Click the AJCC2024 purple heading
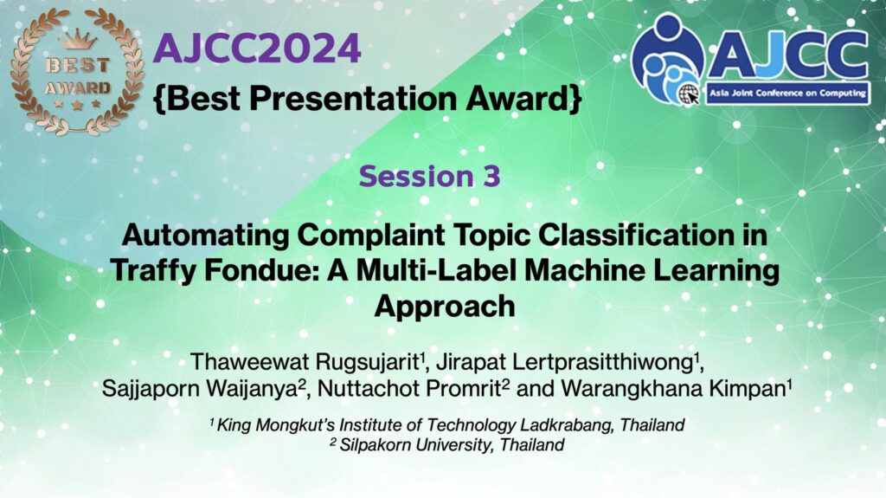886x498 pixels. (257, 49)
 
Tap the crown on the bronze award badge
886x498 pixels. (77, 40)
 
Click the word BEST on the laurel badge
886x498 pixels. (77, 65)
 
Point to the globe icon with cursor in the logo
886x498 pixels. (689, 94)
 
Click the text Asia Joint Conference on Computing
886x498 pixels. (787, 93)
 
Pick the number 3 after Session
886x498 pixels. (491, 176)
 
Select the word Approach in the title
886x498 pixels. (445, 306)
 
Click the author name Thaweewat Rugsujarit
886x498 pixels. (305, 362)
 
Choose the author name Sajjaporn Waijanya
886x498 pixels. (201, 389)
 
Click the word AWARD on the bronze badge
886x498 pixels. (77, 88)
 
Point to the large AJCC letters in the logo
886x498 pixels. (787, 55)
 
